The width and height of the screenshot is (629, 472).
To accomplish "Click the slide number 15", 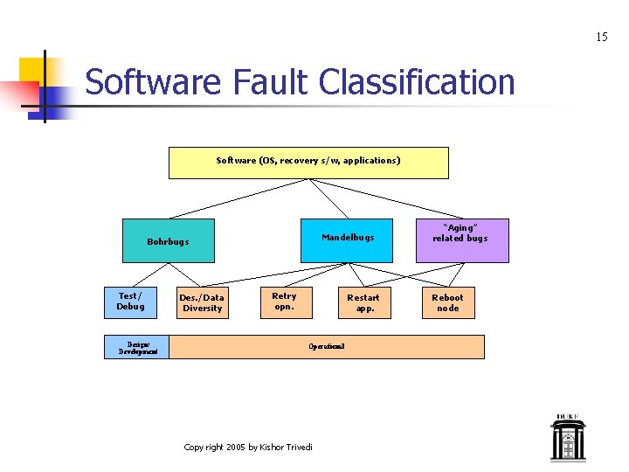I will point(601,37).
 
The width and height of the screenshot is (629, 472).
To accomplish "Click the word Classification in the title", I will point(417,82).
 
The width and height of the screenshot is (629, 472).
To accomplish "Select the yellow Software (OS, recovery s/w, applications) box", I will point(308,163).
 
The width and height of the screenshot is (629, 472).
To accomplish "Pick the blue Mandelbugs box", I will point(347,240).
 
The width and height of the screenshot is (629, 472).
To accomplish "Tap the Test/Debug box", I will point(130,302).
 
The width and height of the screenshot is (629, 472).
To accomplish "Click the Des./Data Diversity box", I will point(202,302).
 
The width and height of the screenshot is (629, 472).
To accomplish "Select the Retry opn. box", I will point(284,302).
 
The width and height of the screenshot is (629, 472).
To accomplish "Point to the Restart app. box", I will point(363,302).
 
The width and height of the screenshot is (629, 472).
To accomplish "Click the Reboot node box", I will point(447,302).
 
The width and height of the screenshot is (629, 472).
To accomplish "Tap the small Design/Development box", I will point(138,347).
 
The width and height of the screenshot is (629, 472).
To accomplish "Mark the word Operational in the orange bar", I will point(326,347).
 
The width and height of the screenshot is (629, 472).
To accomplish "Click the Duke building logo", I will point(567,438).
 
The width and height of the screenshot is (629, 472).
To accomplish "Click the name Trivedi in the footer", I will point(298,448).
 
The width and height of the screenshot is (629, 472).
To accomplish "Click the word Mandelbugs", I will point(348,237).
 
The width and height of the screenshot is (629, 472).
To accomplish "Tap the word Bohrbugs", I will point(168,242).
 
